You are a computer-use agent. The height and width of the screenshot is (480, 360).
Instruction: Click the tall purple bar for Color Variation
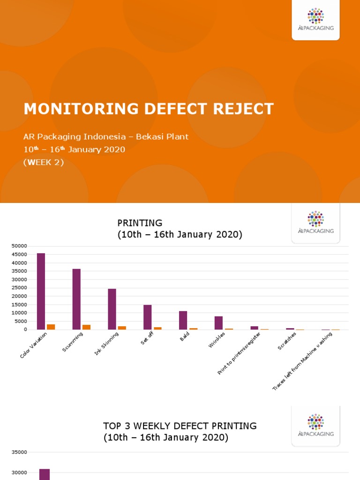pos(41,291)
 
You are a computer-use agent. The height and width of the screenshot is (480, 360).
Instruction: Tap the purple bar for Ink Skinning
pos(112,309)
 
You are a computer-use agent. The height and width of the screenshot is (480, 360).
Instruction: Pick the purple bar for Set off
pos(148,317)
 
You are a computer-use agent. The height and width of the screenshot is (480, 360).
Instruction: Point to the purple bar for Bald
pos(183,320)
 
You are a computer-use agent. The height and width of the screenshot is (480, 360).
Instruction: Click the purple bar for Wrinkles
pos(218,323)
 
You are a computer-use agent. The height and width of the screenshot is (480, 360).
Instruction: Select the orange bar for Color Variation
pos(51,327)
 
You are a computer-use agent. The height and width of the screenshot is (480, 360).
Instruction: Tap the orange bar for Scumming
pos(86,327)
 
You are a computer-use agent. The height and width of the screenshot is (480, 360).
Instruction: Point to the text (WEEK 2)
pos(43,163)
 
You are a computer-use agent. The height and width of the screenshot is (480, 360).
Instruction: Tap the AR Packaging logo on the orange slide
pos(315,19)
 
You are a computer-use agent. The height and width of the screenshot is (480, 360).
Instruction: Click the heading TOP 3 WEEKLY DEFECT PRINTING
pos(180,426)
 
